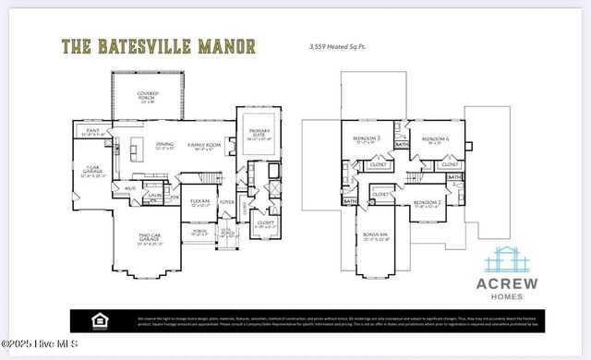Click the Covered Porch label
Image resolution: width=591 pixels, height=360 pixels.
(148, 96)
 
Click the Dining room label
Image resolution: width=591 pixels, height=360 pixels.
(164, 145)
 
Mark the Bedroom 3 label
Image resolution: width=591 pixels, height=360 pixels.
(366, 139)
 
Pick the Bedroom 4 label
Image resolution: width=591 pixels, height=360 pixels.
(431, 139)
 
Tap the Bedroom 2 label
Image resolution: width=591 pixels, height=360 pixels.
(427, 202)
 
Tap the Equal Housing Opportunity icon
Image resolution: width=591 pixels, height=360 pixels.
(96, 319)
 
